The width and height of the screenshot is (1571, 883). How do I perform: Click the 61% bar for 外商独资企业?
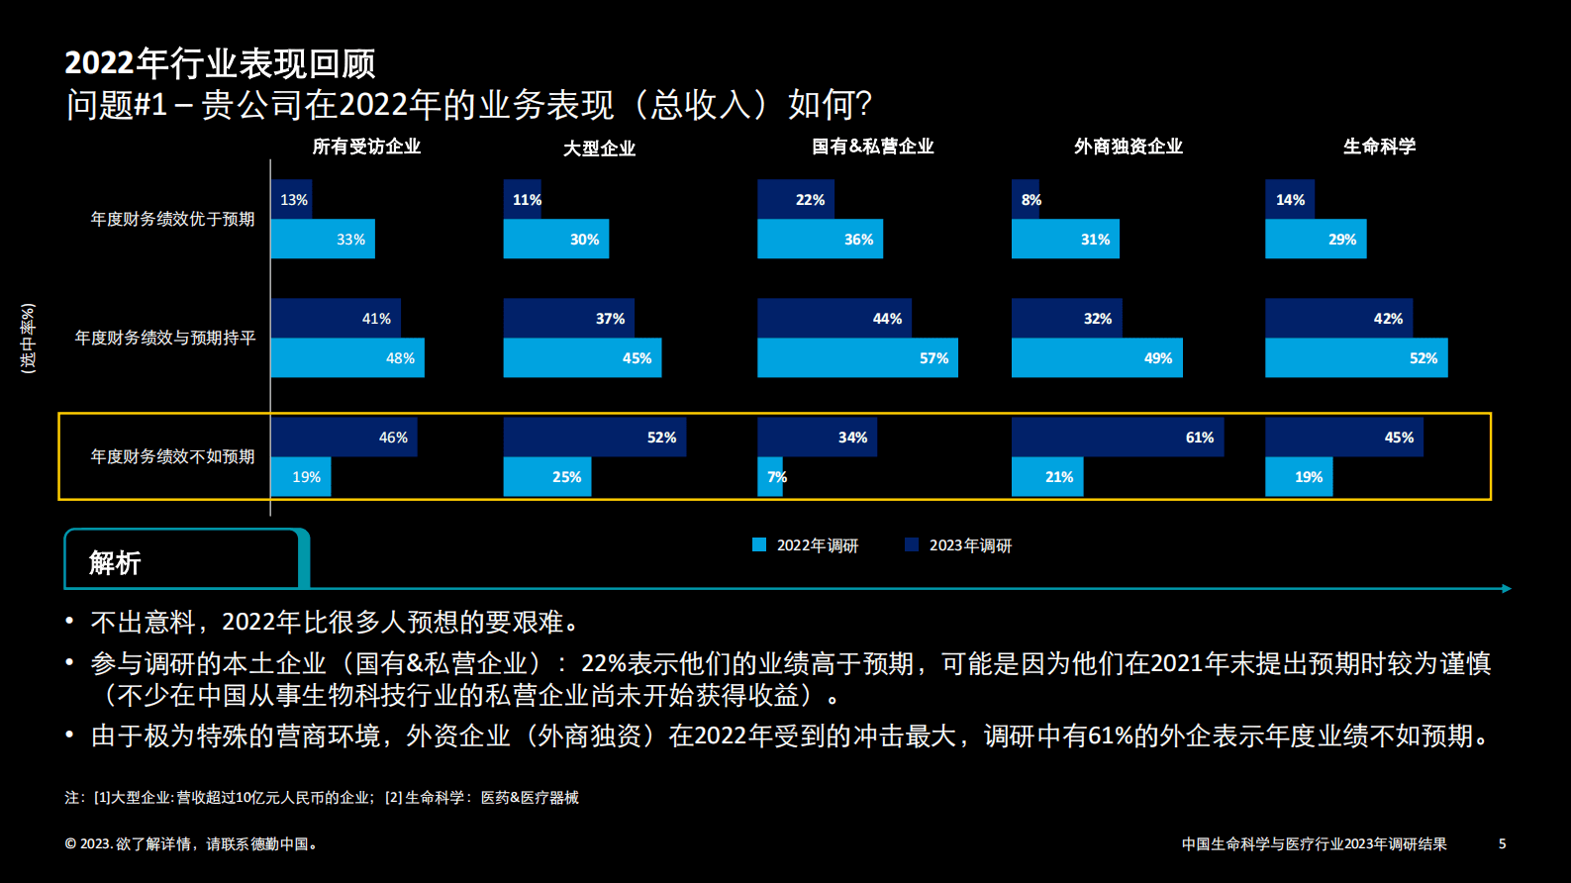[x=1117, y=437]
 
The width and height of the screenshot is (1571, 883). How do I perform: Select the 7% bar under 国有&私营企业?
[x=770, y=476]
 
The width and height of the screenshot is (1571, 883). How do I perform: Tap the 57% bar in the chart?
[x=857, y=357]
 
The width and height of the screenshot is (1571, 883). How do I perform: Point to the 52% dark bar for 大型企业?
[x=594, y=437]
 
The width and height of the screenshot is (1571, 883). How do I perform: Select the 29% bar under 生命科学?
[x=1315, y=239]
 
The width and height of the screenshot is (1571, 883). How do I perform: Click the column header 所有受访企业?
[x=366, y=147]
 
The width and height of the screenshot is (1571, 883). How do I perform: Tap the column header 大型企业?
[x=599, y=148]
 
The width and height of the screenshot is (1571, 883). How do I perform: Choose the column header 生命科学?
[x=1379, y=147]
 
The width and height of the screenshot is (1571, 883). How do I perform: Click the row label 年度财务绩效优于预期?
[x=172, y=219]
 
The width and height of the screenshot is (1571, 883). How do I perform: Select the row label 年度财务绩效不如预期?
[x=172, y=456]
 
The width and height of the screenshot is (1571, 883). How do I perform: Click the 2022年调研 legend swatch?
[x=759, y=544]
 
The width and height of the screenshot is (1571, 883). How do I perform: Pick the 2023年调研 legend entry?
[x=958, y=545]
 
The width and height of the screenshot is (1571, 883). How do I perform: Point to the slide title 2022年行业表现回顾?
[x=220, y=63]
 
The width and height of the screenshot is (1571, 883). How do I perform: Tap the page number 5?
[x=1502, y=843]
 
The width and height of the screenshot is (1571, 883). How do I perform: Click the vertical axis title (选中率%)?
[x=28, y=338]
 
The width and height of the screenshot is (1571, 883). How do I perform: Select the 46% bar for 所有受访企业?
[x=343, y=437]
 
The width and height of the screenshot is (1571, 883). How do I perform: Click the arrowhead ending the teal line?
[x=1507, y=588]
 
